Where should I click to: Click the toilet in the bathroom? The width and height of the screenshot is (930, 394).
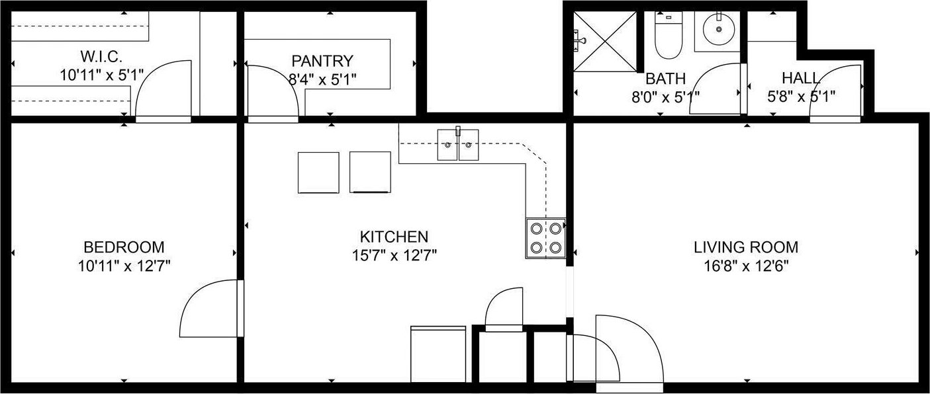tap(669, 35)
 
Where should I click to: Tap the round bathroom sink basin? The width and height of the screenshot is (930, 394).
tap(718, 30)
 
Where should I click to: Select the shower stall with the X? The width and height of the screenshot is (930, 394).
tap(604, 42)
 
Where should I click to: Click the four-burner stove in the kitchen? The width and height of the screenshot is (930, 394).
tap(545, 238)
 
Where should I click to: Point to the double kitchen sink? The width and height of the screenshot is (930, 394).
tap(458, 145)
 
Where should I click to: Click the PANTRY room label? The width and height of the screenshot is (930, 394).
tap(322, 61)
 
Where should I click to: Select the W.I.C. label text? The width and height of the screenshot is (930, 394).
tap(101, 56)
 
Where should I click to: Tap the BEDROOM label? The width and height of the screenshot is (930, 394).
tap(124, 247)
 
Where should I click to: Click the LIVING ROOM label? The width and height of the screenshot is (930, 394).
tap(746, 247)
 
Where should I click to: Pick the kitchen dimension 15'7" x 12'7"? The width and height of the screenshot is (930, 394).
tap(395, 255)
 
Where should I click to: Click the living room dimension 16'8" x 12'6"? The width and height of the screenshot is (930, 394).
tap(746, 266)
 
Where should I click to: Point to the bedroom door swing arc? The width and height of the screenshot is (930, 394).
tap(195, 299)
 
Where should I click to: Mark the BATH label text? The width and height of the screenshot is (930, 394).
tap(665, 79)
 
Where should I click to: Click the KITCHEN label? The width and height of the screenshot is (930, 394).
tap(394, 237)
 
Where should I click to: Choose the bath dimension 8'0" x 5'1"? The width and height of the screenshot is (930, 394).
tap(665, 97)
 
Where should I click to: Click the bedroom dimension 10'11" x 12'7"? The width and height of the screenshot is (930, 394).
tap(124, 266)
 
